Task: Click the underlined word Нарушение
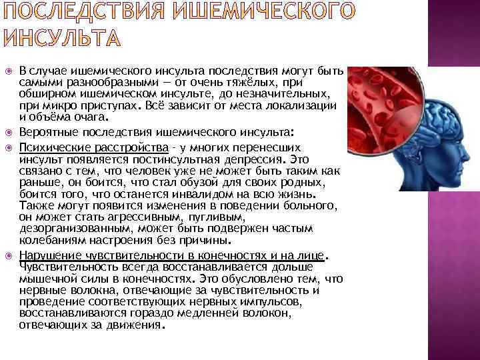pyautogui.click(x=47, y=255)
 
